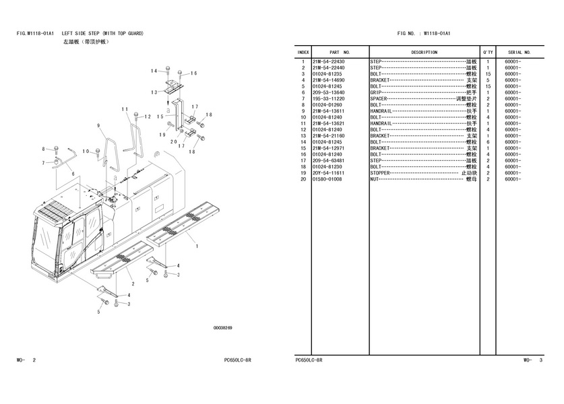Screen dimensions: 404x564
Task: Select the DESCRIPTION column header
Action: [x=424, y=52]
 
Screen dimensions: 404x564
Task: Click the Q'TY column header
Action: [x=487, y=52]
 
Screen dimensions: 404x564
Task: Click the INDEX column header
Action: [x=303, y=52]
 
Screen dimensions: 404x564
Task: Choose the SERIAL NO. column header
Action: [x=519, y=52]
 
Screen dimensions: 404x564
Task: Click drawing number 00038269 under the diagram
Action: [x=223, y=328]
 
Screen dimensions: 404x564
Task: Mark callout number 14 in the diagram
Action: [x=154, y=71]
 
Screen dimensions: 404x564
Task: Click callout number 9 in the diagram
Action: [x=98, y=126]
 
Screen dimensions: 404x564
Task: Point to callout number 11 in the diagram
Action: [x=125, y=109]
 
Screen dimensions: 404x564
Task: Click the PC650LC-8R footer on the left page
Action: [x=239, y=360]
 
